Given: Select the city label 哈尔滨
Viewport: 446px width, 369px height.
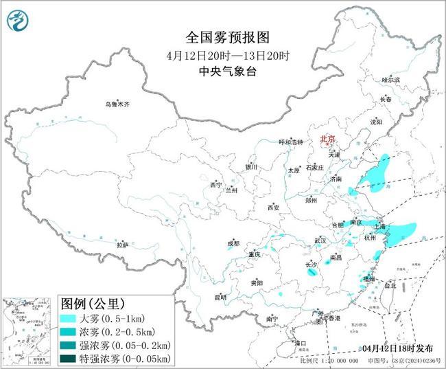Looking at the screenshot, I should click(x=390, y=80).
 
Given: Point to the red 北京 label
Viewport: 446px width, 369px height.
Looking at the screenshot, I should click(x=327, y=139).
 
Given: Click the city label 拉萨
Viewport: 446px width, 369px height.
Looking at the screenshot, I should click(x=122, y=245).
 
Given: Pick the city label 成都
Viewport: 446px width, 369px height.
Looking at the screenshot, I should click(x=233, y=243).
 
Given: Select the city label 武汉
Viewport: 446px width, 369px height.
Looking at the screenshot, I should click(x=320, y=241).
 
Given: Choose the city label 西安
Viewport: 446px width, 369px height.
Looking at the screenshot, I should click(x=274, y=207).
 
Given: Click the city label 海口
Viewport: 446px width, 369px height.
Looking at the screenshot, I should click(x=299, y=342).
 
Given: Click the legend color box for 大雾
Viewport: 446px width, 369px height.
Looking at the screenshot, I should click(x=67, y=319).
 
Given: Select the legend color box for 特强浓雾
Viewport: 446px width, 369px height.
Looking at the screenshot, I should click(x=67, y=358).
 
